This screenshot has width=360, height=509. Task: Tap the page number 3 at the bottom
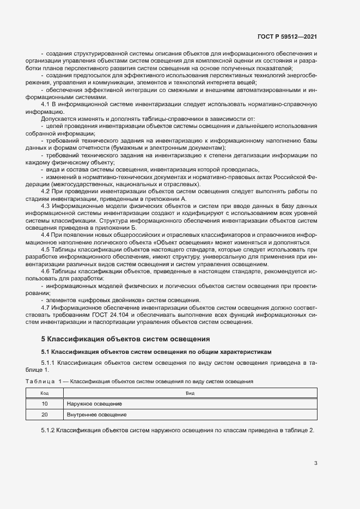point(315,463)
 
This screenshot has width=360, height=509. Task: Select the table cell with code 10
point(45,403)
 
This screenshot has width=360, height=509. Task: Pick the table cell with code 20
point(45,414)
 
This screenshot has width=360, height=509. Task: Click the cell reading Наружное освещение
point(94,403)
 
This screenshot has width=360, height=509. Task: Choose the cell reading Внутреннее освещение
point(97,414)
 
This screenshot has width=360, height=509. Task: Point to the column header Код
point(45,393)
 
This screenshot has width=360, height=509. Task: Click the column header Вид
point(190,393)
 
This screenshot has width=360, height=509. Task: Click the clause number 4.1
point(46,104)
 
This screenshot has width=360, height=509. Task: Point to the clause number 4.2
point(46,192)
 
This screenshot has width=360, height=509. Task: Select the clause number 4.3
point(46,206)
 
